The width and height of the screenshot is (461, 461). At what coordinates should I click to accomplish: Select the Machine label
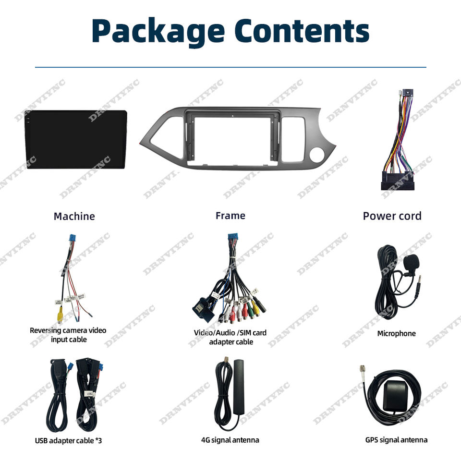[x=74, y=216]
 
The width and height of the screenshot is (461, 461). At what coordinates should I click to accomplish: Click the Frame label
[x=230, y=216]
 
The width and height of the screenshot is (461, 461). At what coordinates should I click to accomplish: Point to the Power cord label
[x=392, y=216]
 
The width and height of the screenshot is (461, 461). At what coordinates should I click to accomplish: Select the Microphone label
[x=396, y=333]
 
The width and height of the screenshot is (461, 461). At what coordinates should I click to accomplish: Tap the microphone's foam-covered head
[x=412, y=262]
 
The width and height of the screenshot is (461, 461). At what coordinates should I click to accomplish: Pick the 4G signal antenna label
[x=230, y=440]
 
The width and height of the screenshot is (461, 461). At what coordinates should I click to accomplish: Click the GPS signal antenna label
[x=396, y=440]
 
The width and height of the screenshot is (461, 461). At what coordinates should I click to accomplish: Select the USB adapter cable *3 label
[x=68, y=440]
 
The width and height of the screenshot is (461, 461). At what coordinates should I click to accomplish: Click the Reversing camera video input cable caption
[x=68, y=335]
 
